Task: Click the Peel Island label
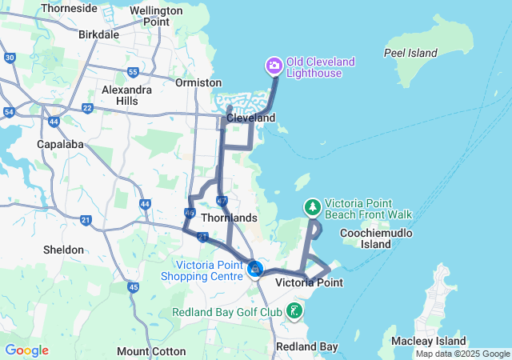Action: (x=410, y=53)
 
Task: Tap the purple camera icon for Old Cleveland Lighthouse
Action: (x=274, y=65)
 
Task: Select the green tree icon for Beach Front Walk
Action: (x=312, y=208)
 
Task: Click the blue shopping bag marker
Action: (x=255, y=269)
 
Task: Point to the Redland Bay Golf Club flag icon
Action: (x=295, y=310)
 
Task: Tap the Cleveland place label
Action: (x=250, y=118)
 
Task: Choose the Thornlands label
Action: (x=229, y=218)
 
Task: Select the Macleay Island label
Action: (x=429, y=342)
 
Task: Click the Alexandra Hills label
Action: (x=126, y=95)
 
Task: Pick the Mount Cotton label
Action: (x=151, y=351)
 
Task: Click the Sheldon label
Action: (x=63, y=250)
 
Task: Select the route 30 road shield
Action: (x=10, y=58)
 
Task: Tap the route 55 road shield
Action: (x=133, y=72)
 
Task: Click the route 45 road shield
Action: (x=133, y=287)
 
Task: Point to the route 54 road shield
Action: (x=8, y=113)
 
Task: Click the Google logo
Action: (x=26, y=350)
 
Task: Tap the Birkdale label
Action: (x=99, y=34)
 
